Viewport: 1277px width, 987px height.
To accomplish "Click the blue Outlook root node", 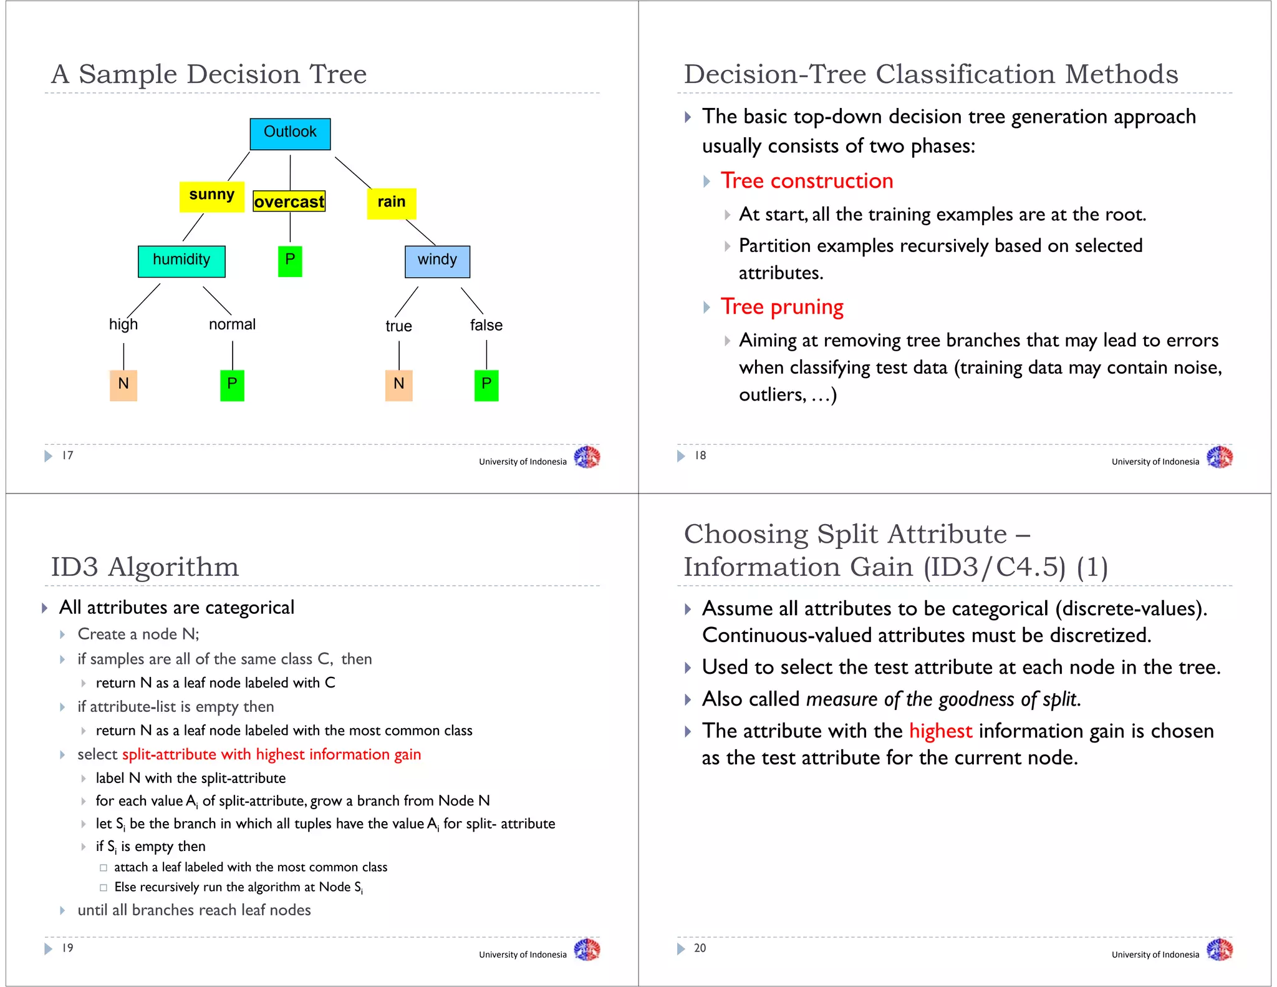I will [x=290, y=134].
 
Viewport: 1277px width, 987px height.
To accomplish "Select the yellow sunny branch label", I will [x=211, y=196].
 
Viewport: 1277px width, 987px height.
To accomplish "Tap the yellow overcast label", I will [x=289, y=202].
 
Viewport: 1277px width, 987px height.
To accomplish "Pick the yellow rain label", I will [x=391, y=203].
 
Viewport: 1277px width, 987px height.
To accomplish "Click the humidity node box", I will [x=181, y=261].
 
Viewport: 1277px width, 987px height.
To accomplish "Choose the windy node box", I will [x=437, y=261].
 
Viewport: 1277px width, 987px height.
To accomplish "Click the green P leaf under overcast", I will [x=290, y=261].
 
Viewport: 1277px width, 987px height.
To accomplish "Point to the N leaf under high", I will [x=123, y=384].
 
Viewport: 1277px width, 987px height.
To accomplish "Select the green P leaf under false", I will [x=486, y=384].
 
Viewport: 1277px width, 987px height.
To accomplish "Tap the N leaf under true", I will [x=399, y=384].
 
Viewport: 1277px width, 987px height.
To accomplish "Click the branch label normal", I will [x=232, y=324].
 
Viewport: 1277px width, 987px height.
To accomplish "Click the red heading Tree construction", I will [x=807, y=181].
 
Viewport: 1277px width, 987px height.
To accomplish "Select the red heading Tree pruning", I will [x=782, y=307].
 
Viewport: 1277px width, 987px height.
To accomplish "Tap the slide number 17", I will [x=67, y=455].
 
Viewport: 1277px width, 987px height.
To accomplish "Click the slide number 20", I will [x=700, y=948].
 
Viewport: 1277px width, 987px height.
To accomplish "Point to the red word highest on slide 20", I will [x=940, y=731].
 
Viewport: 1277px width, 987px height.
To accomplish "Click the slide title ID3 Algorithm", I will [x=145, y=566].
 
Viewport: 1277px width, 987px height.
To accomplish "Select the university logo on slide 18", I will [x=1219, y=457].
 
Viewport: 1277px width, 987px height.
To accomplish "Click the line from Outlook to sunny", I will [x=239, y=166].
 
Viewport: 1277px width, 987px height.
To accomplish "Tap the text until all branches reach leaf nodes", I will [x=194, y=910].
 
